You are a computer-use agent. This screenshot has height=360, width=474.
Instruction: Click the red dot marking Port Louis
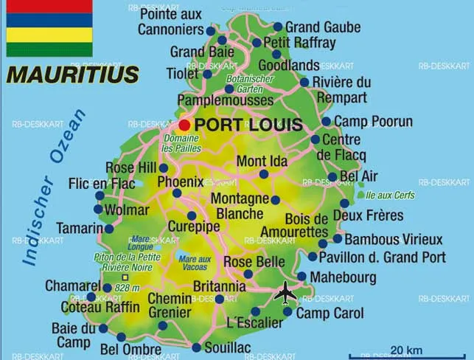184,125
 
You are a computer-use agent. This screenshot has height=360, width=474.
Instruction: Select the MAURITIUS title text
72,75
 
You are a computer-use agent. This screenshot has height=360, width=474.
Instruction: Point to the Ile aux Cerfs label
390,195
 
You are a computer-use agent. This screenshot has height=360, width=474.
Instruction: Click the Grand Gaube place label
323,27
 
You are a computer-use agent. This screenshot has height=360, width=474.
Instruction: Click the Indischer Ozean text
55,184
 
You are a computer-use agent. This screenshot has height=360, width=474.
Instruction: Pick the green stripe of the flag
49,49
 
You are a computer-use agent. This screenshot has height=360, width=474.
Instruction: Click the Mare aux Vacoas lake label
194,263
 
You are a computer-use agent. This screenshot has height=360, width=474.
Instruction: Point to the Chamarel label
72,285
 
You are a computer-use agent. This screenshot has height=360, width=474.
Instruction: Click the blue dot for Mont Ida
263,174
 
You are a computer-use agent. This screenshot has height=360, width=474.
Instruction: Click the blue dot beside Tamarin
109,229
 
